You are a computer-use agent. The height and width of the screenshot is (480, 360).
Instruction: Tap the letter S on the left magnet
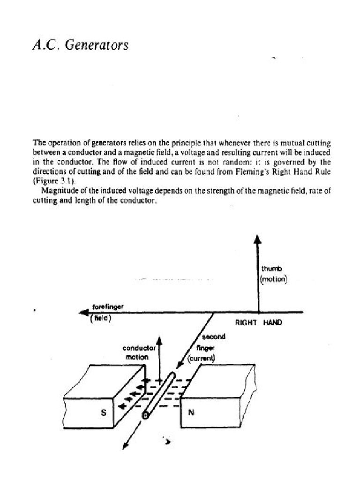click(x=104, y=413)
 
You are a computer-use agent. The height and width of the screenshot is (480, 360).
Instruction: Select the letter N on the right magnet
click(x=191, y=413)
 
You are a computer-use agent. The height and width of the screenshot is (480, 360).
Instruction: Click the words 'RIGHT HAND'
click(x=258, y=323)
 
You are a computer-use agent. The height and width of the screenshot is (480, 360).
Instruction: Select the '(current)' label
click(x=201, y=359)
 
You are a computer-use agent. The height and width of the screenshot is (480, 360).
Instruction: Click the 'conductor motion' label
click(x=136, y=352)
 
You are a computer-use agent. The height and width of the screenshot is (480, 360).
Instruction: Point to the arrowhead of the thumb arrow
click(x=257, y=239)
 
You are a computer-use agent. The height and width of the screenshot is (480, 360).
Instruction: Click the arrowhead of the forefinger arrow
click(x=83, y=313)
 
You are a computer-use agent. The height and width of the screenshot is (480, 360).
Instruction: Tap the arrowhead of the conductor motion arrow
click(x=159, y=340)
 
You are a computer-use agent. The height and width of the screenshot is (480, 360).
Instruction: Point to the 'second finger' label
click(x=213, y=343)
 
